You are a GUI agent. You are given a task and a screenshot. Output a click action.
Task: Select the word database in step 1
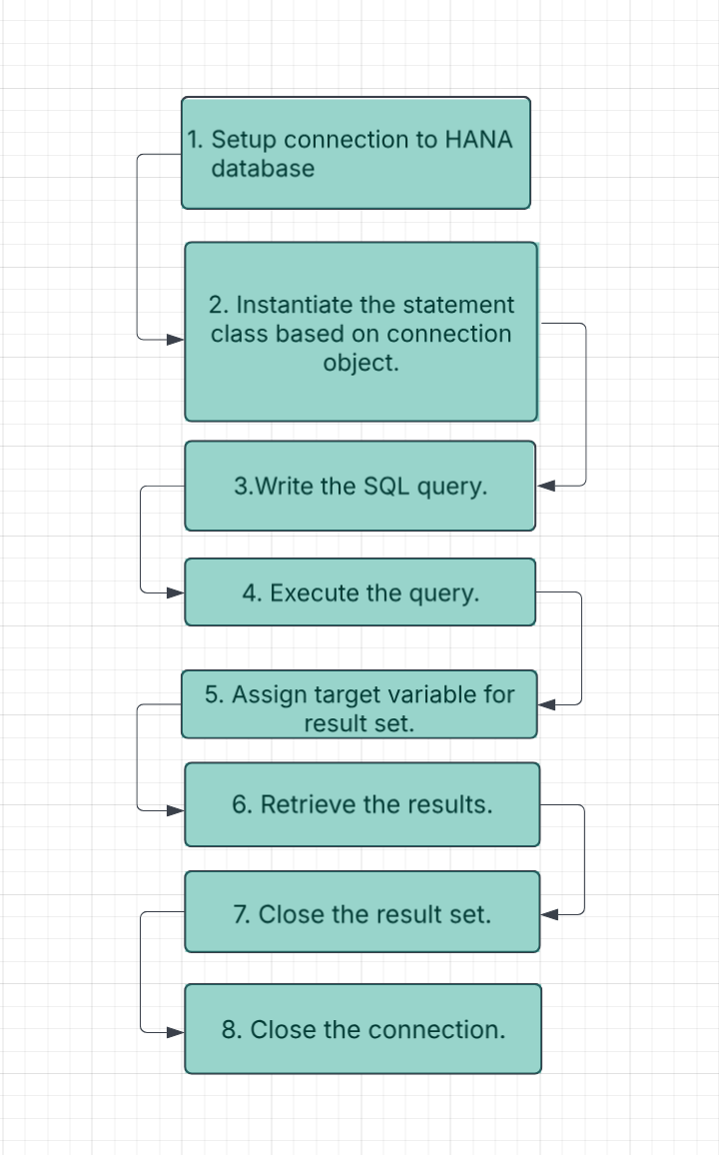(263, 169)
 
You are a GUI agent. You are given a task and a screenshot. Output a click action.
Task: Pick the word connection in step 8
(436, 1030)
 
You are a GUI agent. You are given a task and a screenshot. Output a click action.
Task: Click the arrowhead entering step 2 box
(176, 340)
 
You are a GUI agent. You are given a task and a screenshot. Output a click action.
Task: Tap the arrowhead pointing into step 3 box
(546, 486)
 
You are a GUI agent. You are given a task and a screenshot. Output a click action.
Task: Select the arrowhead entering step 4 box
(176, 592)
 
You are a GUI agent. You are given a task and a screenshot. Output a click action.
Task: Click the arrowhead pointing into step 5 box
(546, 704)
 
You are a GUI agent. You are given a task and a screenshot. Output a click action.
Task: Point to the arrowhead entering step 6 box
(176, 809)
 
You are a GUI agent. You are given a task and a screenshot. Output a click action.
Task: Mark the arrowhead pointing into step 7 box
(548, 913)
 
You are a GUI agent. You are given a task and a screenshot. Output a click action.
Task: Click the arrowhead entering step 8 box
(176, 1032)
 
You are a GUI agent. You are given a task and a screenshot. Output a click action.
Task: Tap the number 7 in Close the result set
(240, 915)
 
